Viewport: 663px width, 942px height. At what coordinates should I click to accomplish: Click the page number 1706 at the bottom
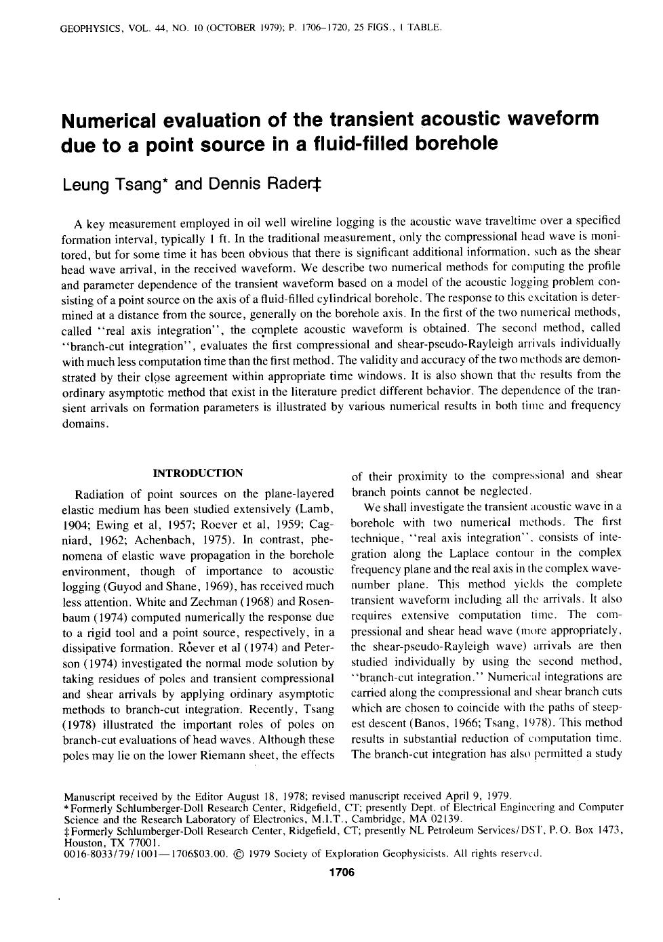click(341, 872)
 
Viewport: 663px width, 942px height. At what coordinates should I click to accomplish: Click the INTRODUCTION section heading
click(198, 473)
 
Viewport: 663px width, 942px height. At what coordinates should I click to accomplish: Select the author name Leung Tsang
click(108, 185)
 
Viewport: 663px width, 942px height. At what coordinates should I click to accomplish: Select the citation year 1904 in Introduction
click(75, 525)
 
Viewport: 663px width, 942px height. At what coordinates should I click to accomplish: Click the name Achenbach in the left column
click(162, 540)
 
